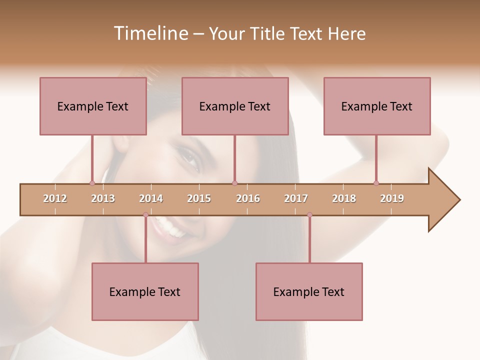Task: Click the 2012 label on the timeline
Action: pyautogui.click(x=55, y=198)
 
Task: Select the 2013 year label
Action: pyautogui.click(x=103, y=198)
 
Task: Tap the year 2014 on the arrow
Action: pyautogui.click(x=151, y=198)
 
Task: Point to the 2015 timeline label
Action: pyautogui.click(x=199, y=198)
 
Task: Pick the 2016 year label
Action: pyautogui.click(x=248, y=198)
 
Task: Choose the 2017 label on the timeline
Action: pyautogui.click(x=296, y=198)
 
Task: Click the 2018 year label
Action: pyautogui.click(x=344, y=198)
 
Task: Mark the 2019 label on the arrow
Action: pyautogui.click(x=392, y=198)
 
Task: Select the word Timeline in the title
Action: pyautogui.click(x=150, y=33)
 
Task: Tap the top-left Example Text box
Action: pyautogui.click(x=93, y=106)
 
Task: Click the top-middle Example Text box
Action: pyautogui.click(x=235, y=106)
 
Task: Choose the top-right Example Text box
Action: pyautogui.click(x=377, y=106)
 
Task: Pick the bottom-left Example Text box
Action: pyautogui.click(x=145, y=291)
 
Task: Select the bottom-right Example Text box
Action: pyautogui.click(x=309, y=291)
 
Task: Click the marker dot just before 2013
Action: pyautogui.click(x=92, y=183)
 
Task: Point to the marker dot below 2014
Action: pyautogui.click(x=145, y=215)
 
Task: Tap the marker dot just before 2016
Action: pyautogui.click(x=234, y=183)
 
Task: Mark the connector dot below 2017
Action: pyautogui.click(x=309, y=215)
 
